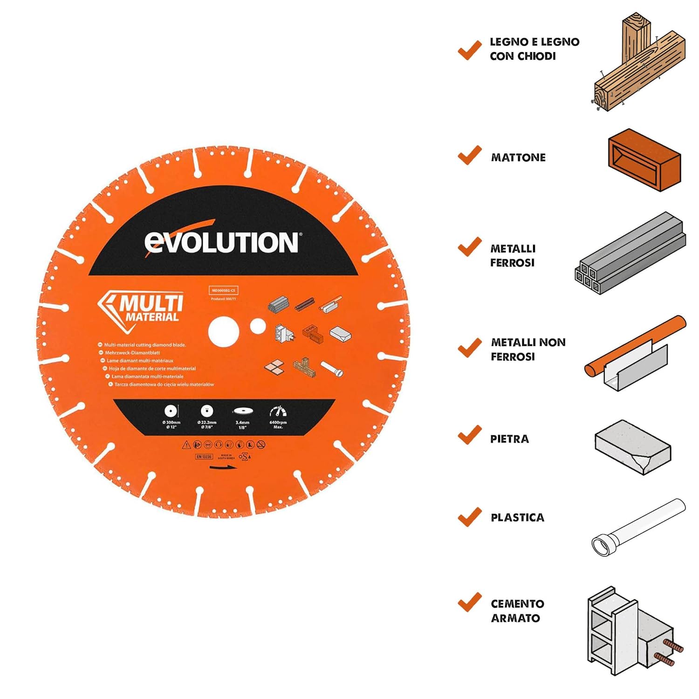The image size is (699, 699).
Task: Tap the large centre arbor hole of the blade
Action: [x=224, y=331]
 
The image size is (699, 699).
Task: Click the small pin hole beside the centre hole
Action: [x=258, y=327]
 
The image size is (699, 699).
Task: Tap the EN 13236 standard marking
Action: [x=204, y=457]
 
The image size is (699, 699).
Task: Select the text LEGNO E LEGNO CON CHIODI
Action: [x=534, y=49]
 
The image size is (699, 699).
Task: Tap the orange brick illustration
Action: [x=644, y=160]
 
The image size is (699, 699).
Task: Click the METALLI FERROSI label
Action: [x=513, y=255]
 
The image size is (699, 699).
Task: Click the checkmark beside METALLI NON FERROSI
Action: [x=470, y=348]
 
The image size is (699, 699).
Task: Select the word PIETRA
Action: [x=509, y=439]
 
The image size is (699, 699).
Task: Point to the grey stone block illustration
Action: [x=632, y=447]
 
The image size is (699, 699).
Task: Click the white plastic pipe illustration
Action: [x=638, y=527]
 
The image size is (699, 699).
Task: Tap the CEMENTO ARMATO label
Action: [x=517, y=610]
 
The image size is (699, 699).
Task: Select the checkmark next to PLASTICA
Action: [x=470, y=517]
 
